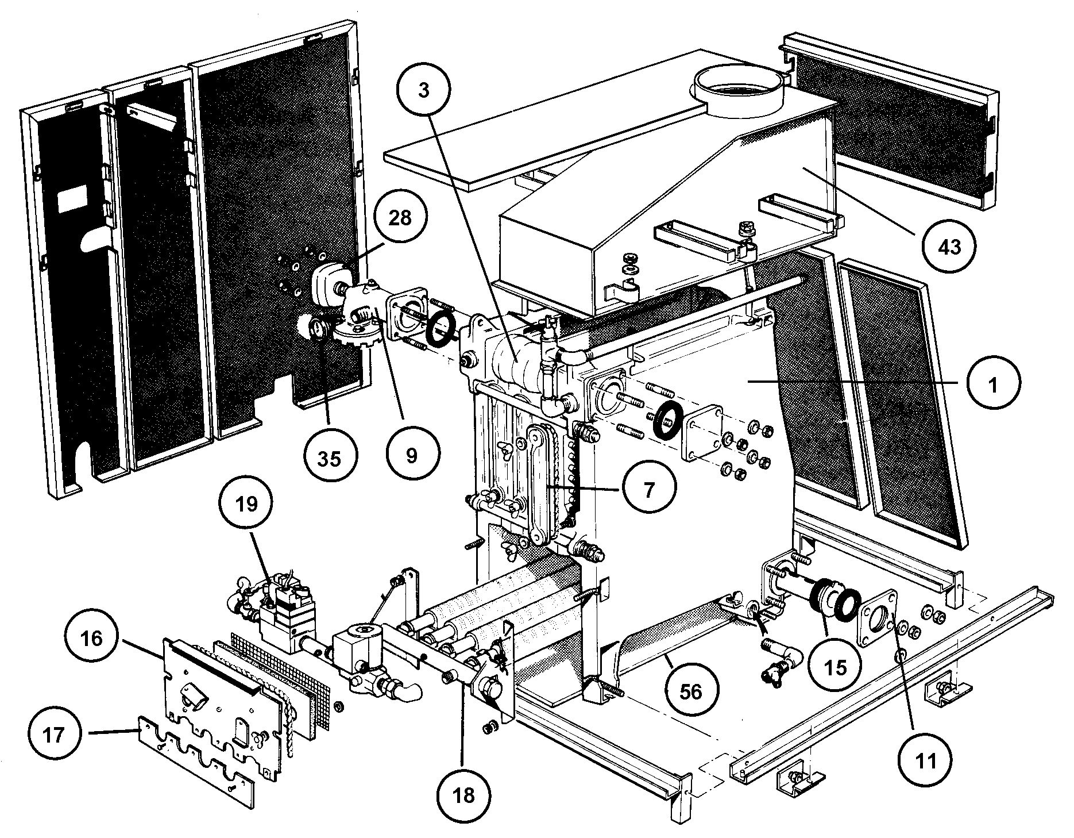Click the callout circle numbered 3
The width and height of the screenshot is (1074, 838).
[424, 91]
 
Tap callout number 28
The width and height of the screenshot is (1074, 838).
[400, 218]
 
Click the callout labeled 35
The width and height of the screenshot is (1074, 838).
[329, 458]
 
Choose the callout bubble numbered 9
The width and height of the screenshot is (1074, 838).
[412, 455]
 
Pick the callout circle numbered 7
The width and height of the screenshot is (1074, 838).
[648, 490]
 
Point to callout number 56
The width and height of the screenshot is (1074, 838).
[691, 691]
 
